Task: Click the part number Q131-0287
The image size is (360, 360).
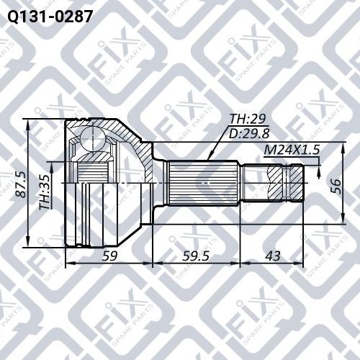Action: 50,17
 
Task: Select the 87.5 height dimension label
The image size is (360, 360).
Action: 21,184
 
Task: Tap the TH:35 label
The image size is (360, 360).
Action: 45,192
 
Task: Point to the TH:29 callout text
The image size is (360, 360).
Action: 248,119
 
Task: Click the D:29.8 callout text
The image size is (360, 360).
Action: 249,133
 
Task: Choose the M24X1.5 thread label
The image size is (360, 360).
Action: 292,150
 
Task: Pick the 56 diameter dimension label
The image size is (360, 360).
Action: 336,186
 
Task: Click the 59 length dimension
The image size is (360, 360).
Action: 109,256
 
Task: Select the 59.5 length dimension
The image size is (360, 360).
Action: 196,256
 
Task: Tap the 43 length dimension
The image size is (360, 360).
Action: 273,256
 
